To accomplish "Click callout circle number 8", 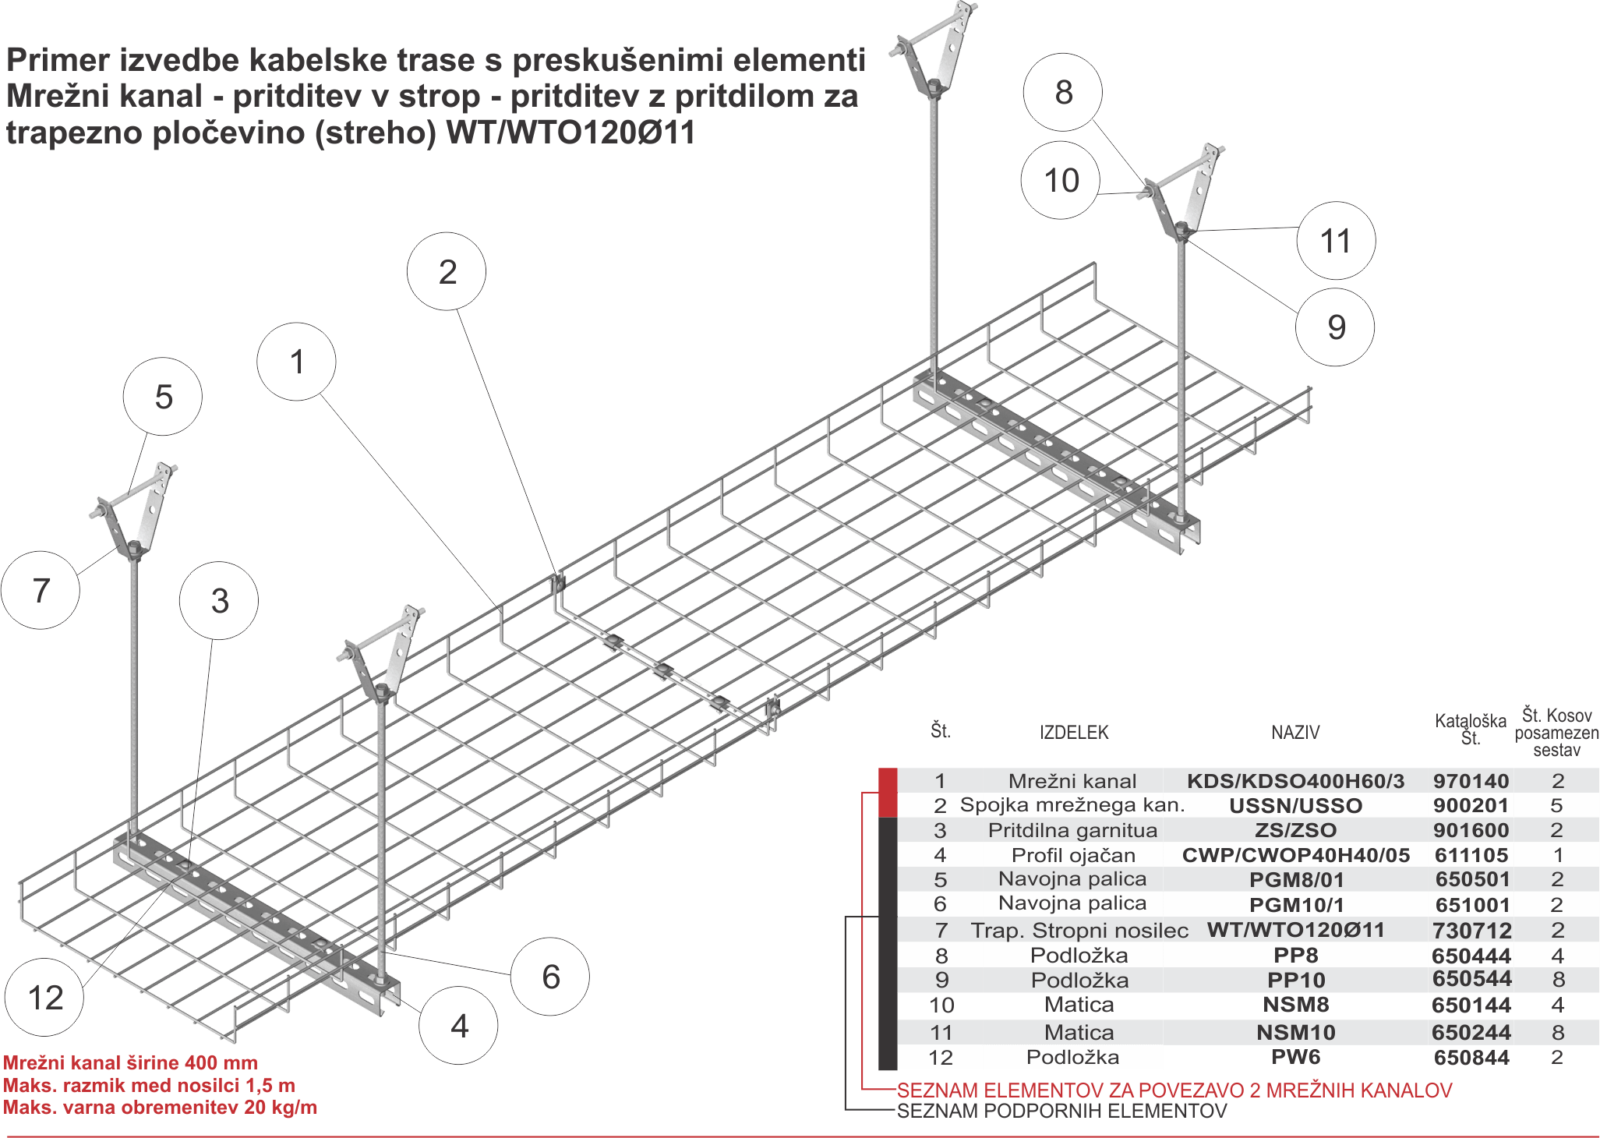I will [1063, 92].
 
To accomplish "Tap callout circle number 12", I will [45, 997].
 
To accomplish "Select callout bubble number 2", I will [447, 271].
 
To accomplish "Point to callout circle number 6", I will [550, 976].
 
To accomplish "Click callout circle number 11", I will [1335, 240].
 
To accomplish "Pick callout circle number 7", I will [41, 589].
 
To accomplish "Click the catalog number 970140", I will [1471, 780].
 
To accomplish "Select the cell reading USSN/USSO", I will [1295, 805].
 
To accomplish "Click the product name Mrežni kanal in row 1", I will [1072, 780].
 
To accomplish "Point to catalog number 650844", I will [1471, 1057].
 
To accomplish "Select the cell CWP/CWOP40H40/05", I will [1295, 855].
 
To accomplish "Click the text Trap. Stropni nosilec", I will [1079, 930].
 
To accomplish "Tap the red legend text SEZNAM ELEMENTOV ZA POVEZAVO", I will [1173, 1090].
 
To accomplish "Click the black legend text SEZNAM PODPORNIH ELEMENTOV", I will [1061, 1110].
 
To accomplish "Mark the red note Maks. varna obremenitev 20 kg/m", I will [160, 1108].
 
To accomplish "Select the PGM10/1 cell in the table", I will [1295, 904].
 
